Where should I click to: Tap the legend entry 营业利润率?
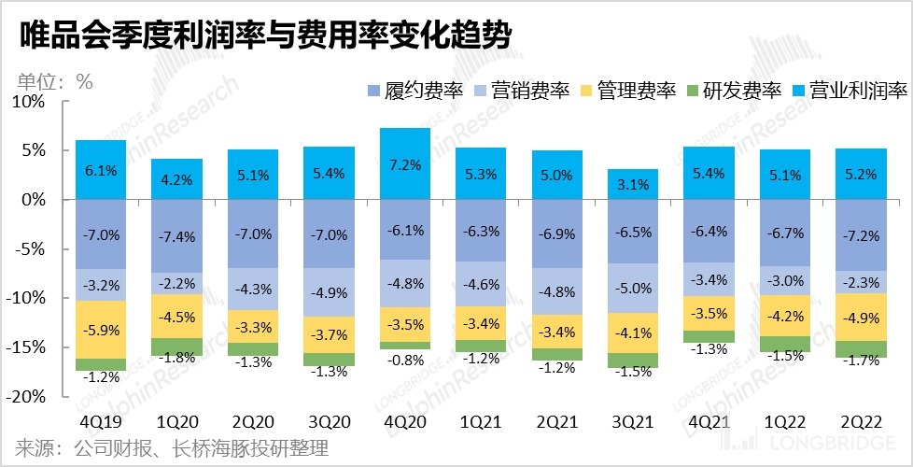[x=848, y=92]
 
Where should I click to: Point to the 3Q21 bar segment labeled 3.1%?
[x=634, y=184]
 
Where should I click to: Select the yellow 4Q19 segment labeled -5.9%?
[x=101, y=329]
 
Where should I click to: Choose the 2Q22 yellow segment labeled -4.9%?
[x=862, y=318]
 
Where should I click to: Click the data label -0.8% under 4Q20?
[x=406, y=360]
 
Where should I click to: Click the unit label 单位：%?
[x=54, y=81]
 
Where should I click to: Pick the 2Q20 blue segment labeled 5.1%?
[x=253, y=175]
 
